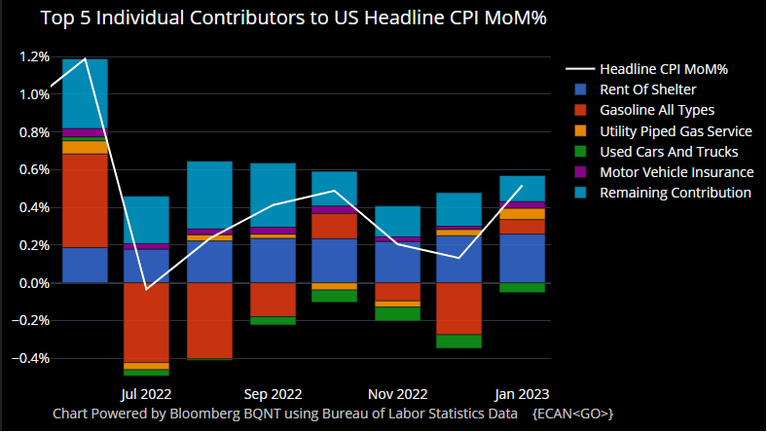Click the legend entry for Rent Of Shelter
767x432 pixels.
(646, 90)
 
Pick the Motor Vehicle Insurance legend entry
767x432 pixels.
(676, 172)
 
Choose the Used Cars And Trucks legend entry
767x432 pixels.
(669, 152)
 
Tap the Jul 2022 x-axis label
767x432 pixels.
(146, 395)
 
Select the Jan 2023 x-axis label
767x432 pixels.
(522, 395)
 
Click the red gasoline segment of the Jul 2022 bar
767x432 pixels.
(146, 322)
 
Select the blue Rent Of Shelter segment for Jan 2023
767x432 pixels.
(522, 258)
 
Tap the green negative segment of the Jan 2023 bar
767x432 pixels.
(522, 287)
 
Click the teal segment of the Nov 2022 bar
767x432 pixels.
(397, 221)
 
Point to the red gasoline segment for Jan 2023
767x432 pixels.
(522, 227)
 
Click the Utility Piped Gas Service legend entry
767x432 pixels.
(676, 131)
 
